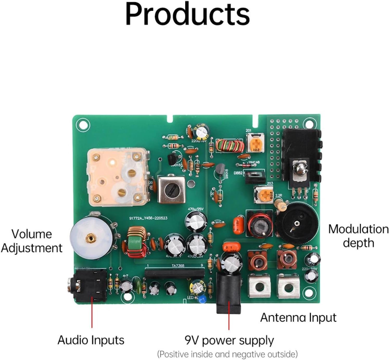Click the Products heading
[187, 14]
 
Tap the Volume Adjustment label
[31, 241]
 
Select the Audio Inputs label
[91, 340]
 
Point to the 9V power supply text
[229, 340]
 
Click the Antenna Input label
[298, 318]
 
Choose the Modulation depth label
[358, 236]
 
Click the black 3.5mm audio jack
[90, 285]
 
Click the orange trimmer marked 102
[256, 143]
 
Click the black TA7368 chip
[175, 273]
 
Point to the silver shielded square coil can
[172, 189]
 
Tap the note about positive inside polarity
[227, 354]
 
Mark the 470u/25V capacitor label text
[196, 209]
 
